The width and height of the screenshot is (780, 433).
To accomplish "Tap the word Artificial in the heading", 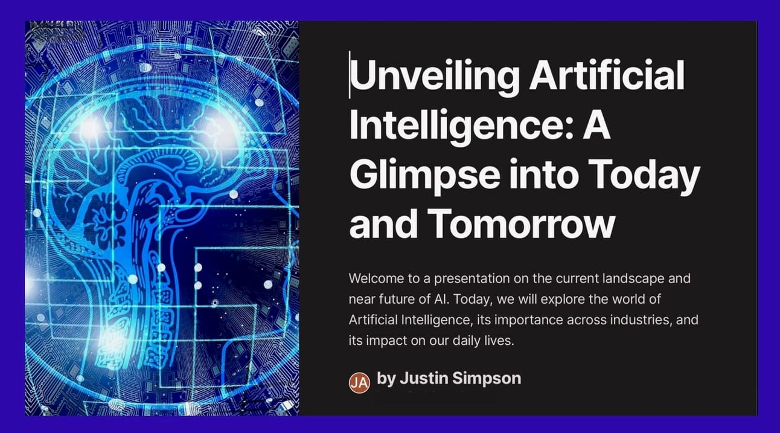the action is [x=607, y=75].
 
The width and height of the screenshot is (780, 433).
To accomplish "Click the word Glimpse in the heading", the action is [x=425, y=176].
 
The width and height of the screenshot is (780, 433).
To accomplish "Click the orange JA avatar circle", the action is [x=359, y=382].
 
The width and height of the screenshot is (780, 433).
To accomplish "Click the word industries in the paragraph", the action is [x=641, y=320].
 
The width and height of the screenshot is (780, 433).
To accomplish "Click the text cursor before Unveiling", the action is [x=350, y=74].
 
